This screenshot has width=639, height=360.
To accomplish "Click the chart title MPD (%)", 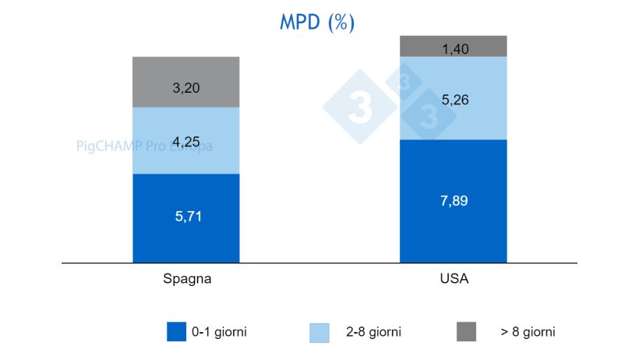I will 317,22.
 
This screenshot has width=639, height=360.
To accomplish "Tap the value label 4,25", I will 185,142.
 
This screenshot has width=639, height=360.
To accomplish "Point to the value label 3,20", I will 185,88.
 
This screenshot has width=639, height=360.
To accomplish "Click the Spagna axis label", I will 185,278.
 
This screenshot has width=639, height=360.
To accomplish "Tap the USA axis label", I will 453,278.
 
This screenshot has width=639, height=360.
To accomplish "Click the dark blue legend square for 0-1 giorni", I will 177,331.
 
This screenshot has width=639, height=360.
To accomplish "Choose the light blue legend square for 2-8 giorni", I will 319,331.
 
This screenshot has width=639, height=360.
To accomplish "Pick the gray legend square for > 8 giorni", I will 465,331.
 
